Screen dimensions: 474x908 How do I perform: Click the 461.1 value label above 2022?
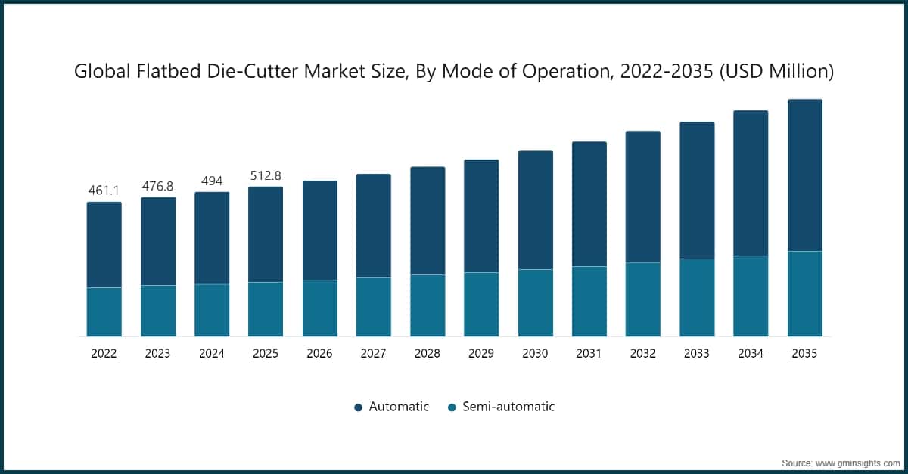click(104, 190)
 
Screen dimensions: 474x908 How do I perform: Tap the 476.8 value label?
click(158, 185)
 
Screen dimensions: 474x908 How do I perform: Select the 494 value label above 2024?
click(212, 180)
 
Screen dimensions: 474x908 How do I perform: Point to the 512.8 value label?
click(266, 175)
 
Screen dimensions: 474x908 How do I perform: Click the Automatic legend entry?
click(391, 407)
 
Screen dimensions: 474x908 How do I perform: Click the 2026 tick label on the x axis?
click(319, 353)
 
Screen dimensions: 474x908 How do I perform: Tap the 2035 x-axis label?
click(804, 353)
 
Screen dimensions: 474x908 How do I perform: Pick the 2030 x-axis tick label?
click(535, 353)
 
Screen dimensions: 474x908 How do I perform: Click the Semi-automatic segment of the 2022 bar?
click(104, 311)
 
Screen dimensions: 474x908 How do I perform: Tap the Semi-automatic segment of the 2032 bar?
click(642, 299)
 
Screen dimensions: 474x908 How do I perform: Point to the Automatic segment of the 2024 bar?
click(212, 238)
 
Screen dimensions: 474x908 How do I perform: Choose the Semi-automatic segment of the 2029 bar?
click(481, 304)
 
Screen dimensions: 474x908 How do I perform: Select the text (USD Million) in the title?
click(777, 72)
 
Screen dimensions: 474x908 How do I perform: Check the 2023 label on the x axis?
click(158, 353)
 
